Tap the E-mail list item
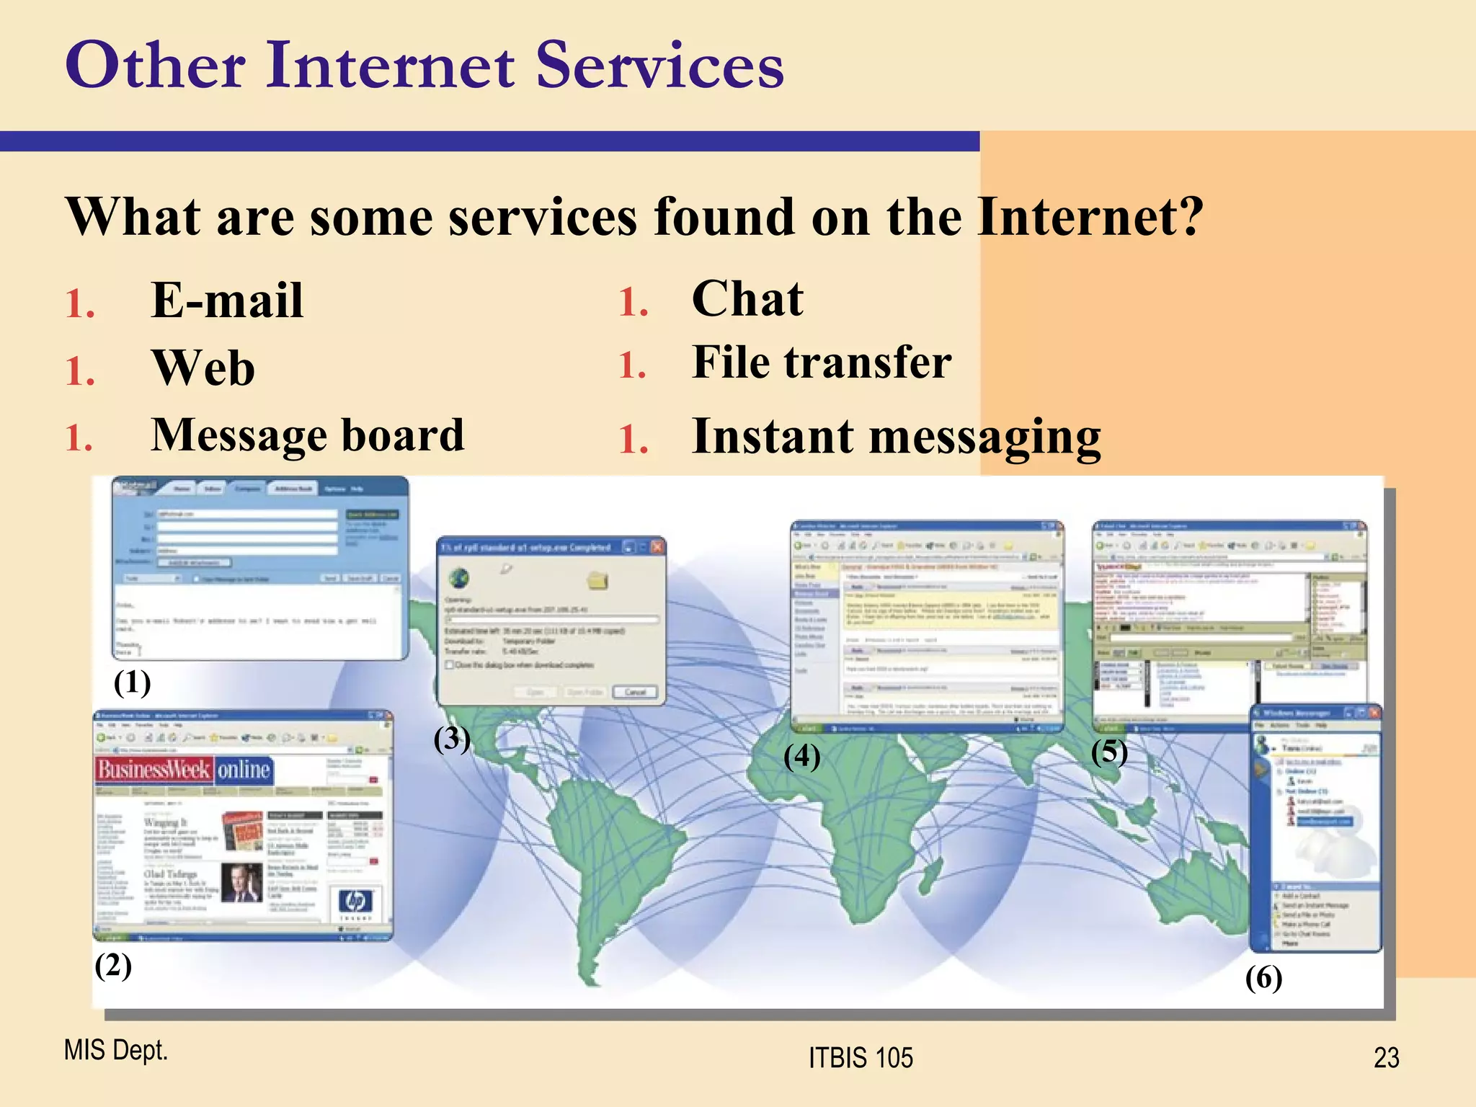tap(227, 300)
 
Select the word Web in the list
tap(203, 368)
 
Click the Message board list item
tap(308, 435)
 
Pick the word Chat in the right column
tap(747, 298)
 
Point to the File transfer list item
tap(822, 362)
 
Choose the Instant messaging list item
tap(896, 437)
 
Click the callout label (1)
tap(133, 682)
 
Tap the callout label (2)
tap(113, 965)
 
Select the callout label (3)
tap(452, 739)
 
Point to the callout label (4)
tap(801, 756)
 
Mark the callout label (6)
tap(1263, 978)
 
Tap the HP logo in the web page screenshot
tap(355, 901)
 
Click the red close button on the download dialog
tap(657, 547)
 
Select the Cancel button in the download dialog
tap(635, 692)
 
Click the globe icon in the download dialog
tap(459, 578)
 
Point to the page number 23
tap(1386, 1057)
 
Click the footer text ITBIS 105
tap(861, 1057)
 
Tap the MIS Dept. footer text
tap(115, 1050)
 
